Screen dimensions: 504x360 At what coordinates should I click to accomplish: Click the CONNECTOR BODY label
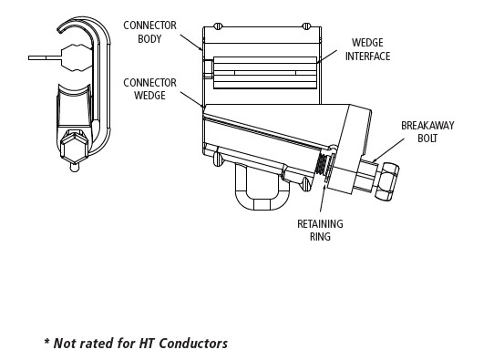pos(149,32)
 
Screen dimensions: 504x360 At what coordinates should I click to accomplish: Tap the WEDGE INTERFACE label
pos(367,49)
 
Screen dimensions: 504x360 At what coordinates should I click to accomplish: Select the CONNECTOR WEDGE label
pos(149,89)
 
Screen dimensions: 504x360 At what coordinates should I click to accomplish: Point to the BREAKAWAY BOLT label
pos(427,132)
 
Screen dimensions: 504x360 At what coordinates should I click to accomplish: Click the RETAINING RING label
pos(320,231)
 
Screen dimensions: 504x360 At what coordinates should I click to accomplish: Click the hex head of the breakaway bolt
pos(387,181)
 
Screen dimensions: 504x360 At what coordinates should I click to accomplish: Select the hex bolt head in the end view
pos(74,149)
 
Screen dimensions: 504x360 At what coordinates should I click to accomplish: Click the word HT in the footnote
pos(147,344)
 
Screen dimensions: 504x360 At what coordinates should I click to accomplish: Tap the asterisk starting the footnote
pos(46,341)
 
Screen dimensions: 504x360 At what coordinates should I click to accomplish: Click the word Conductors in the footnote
pos(193,344)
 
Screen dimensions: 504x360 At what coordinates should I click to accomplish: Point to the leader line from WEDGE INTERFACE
pos(327,56)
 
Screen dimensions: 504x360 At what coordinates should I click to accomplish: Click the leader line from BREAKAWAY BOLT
pos(388,150)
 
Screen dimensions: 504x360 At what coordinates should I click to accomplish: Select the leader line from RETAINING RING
pos(323,195)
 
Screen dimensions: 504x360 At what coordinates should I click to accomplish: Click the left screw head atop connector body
pos(218,26)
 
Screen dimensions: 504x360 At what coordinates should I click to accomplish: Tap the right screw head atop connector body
pos(306,26)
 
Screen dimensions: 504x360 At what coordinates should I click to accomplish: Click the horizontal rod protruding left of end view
pos(45,57)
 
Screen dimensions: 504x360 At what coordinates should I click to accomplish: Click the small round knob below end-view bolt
pos(74,168)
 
